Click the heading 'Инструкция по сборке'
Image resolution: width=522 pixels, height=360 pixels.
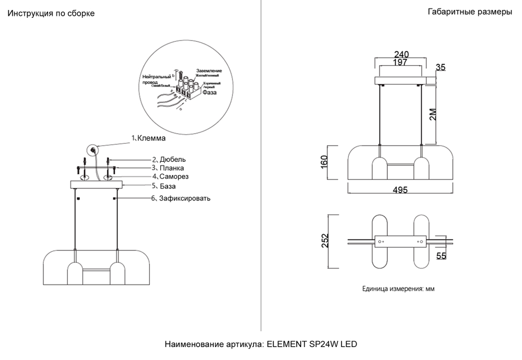(51, 14)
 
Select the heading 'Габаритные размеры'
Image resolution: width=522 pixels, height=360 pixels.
(469, 13)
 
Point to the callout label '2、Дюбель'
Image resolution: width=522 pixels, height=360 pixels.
(169, 159)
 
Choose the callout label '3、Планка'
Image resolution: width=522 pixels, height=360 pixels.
(168, 168)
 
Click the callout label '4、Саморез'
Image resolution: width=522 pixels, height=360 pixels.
(170, 177)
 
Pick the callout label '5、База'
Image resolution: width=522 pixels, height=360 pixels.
(163, 186)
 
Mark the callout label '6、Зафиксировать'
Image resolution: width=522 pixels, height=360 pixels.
(181, 198)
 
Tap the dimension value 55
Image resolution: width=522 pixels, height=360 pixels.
(441, 256)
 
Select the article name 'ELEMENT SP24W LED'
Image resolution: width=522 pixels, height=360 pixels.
(312, 345)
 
